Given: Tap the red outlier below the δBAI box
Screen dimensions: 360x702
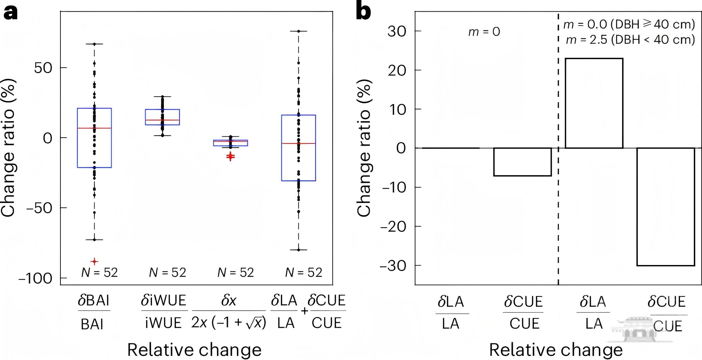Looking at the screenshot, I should click(95, 262).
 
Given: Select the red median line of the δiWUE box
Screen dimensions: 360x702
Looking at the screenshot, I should click(163, 120).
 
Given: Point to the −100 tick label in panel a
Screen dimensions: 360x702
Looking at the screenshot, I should click(35, 278).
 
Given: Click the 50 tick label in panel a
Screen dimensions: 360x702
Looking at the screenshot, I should click(43, 68).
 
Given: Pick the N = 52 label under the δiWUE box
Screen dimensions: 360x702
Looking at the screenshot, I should click(168, 273).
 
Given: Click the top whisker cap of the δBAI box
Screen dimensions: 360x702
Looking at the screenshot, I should click(95, 44).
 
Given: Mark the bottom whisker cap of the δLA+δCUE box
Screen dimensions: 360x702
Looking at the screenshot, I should click(298, 250).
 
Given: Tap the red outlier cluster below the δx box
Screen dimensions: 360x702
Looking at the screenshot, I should click(231, 156).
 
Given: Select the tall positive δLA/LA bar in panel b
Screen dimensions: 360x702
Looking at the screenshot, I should click(594, 103).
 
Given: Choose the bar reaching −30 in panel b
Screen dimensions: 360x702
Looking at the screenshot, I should click(665, 207).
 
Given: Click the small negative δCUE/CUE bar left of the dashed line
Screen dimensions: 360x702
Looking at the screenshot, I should click(522, 162).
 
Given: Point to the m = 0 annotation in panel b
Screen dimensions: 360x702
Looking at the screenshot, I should click(484, 32).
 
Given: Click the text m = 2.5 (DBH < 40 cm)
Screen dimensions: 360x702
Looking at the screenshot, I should click(630, 40).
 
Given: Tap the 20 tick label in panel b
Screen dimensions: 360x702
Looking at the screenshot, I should click(396, 71).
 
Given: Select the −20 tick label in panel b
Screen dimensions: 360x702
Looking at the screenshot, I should click(393, 226).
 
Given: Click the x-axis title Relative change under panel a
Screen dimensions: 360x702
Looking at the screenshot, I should click(194, 350).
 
